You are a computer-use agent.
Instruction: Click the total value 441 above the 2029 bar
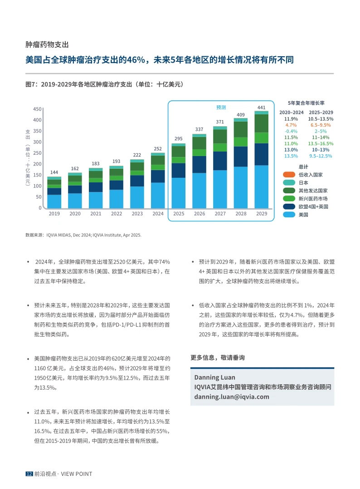click(x=262, y=108)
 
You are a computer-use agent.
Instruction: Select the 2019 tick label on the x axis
click(x=54, y=214)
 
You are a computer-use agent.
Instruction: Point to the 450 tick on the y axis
click(x=38, y=109)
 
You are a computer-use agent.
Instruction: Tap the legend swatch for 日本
click(x=289, y=182)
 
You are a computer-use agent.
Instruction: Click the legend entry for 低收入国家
click(x=311, y=174)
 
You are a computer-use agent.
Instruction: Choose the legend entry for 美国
click(x=303, y=215)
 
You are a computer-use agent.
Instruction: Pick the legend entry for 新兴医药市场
click(x=313, y=199)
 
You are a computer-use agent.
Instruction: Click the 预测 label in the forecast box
click(x=221, y=108)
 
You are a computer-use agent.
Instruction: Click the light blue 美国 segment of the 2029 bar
click(x=262, y=186)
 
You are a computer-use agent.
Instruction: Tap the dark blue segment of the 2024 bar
click(x=158, y=176)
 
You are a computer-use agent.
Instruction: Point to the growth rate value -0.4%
click(x=291, y=131)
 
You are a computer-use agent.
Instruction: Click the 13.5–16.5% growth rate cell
click(x=321, y=143)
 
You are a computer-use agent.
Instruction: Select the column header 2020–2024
click(x=291, y=112)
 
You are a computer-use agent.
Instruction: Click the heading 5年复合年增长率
click(x=306, y=103)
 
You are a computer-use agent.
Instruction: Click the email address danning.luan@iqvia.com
click(x=231, y=396)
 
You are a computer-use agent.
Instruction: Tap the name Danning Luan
click(x=214, y=377)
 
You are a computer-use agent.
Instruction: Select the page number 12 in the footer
click(x=29, y=474)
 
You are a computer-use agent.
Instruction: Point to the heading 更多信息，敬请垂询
click(x=218, y=357)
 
